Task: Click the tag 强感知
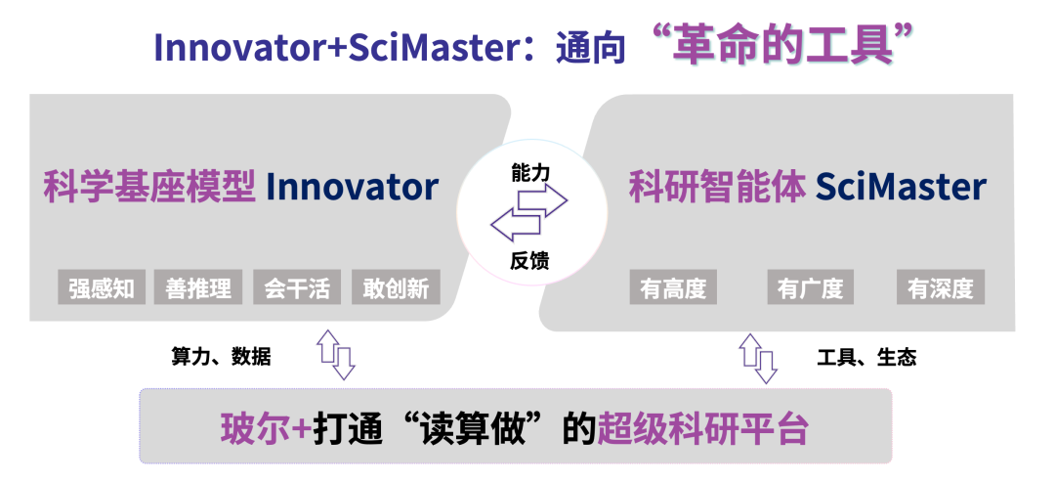(x=102, y=287)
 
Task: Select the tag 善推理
(x=197, y=287)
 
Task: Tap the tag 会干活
(x=297, y=287)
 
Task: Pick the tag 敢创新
(x=396, y=287)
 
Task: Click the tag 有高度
(x=673, y=287)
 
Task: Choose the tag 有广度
(x=810, y=287)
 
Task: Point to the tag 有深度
(x=941, y=287)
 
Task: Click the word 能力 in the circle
(x=530, y=173)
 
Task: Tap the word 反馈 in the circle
(x=529, y=260)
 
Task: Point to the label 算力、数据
(x=222, y=356)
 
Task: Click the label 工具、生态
(x=866, y=357)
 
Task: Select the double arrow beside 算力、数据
(x=336, y=354)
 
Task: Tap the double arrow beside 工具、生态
(x=758, y=358)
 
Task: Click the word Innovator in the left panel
(x=352, y=187)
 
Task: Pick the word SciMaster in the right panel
(x=902, y=187)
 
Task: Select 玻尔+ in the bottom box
(x=266, y=427)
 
